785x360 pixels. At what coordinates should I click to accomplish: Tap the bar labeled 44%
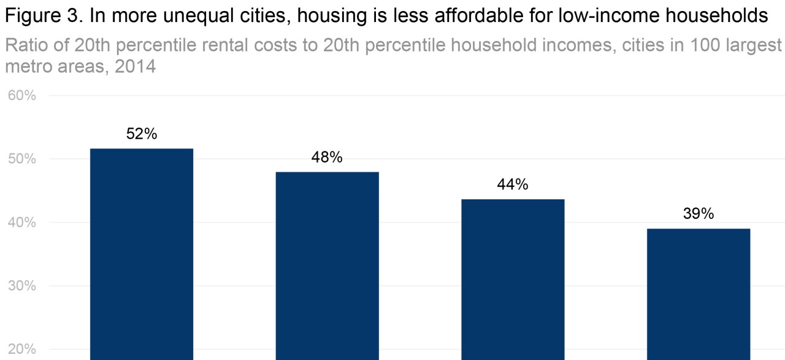(513, 278)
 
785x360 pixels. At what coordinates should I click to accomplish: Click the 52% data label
(142, 134)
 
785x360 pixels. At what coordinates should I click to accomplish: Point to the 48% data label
(327, 158)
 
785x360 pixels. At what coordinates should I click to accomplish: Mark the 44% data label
(513, 185)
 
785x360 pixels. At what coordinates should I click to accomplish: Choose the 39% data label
(699, 214)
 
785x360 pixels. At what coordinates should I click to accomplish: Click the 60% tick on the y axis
(22, 96)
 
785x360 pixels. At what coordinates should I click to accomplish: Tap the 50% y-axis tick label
(22, 159)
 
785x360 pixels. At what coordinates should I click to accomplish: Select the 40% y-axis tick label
(22, 223)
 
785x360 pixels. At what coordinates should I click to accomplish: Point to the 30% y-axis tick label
(22, 286)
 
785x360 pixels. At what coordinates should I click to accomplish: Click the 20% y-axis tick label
(22, 350)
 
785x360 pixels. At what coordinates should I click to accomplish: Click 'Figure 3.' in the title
(43, 17)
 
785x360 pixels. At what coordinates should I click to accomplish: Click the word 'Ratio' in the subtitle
(26, 46)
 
